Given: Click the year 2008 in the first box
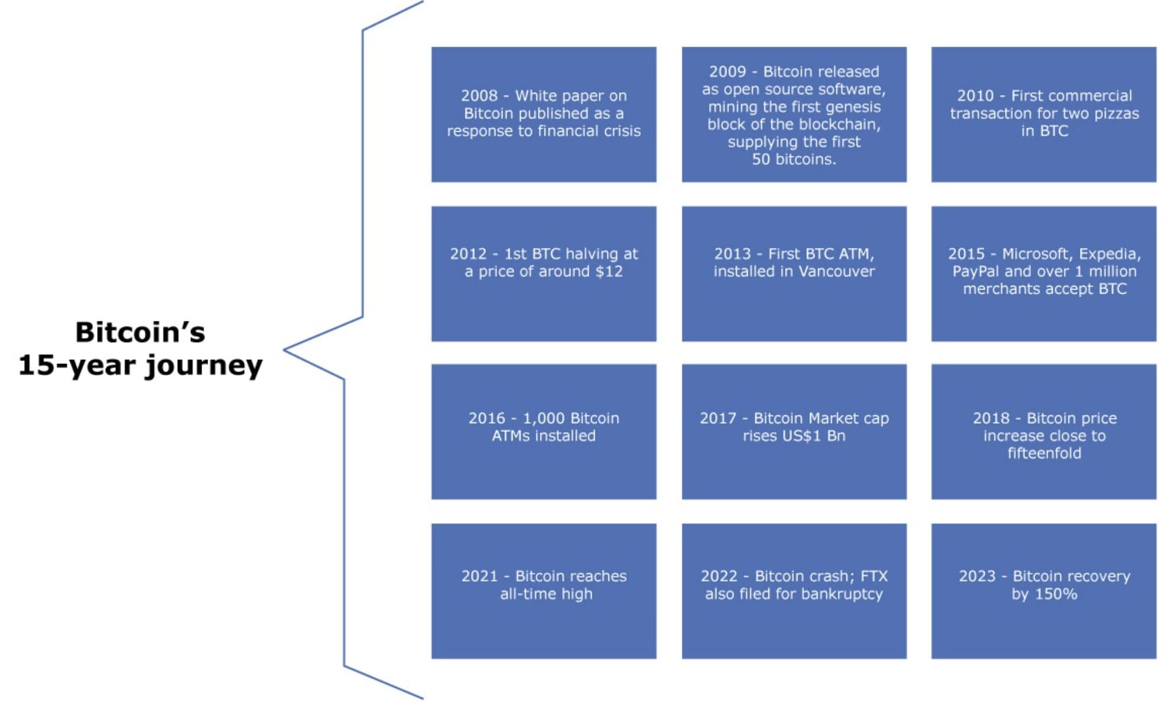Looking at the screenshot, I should click(x=479, y=96).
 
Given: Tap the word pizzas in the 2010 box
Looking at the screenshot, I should click(x=1116, y=113).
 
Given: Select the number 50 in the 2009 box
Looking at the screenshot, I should click(x=761, y=160).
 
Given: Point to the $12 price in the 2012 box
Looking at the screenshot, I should click(x=609, y=272).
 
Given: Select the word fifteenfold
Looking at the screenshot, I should click(x=1044, y=454).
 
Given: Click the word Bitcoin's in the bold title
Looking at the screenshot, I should click(x=140, y=332).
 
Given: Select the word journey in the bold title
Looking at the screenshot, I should click(x=204, y=366).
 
